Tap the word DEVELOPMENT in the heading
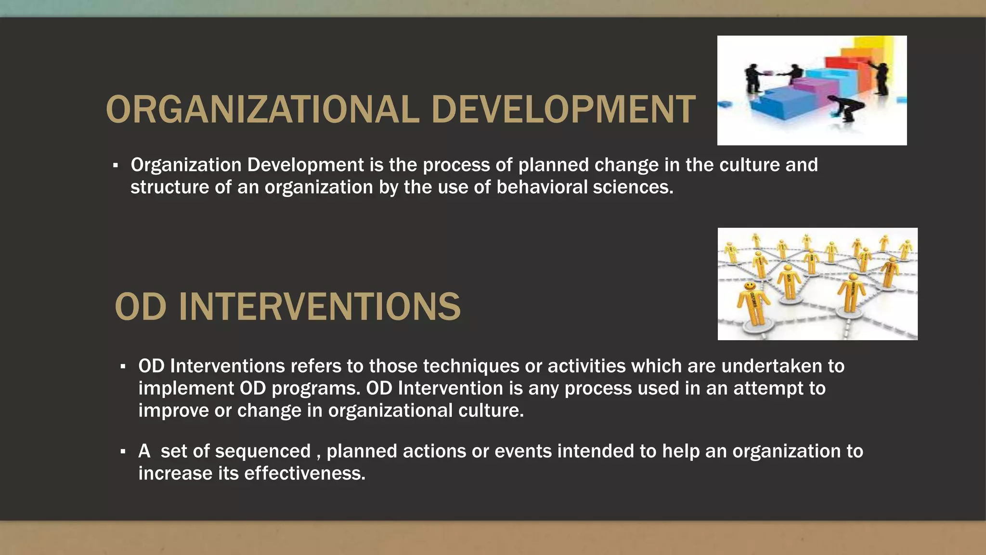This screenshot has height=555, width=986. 563,110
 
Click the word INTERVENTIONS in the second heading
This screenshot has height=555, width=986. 320,307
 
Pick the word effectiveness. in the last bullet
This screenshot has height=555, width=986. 305,473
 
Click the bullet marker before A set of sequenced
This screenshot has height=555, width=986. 123,452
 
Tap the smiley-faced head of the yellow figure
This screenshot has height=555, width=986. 750,287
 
